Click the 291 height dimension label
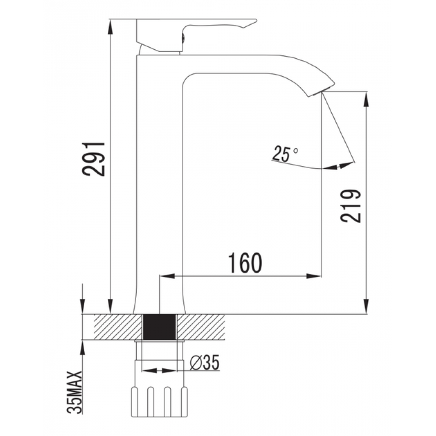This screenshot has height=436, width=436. (x=94, y=159)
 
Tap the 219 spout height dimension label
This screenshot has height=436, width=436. (x=350, y=206)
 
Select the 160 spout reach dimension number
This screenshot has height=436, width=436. (x=245, y=263)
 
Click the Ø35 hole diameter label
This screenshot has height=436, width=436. (x=205, y=362)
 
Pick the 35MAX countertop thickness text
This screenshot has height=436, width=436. (x=75, y=393)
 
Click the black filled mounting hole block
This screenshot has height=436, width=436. (x=160, y=327)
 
